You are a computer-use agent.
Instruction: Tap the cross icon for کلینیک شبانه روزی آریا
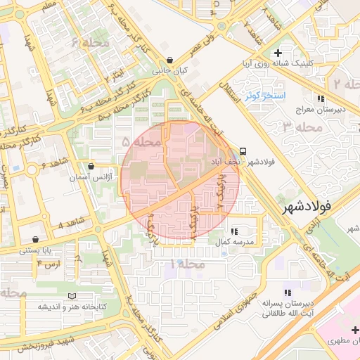278,53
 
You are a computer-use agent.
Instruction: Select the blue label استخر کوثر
264,95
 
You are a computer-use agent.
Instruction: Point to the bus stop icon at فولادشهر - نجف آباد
243,150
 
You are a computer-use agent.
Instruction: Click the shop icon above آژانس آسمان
91,167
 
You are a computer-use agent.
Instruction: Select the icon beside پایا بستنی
36,240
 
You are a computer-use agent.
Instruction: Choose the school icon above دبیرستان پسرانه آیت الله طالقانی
287,292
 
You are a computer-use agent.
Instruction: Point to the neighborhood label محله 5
141,142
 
